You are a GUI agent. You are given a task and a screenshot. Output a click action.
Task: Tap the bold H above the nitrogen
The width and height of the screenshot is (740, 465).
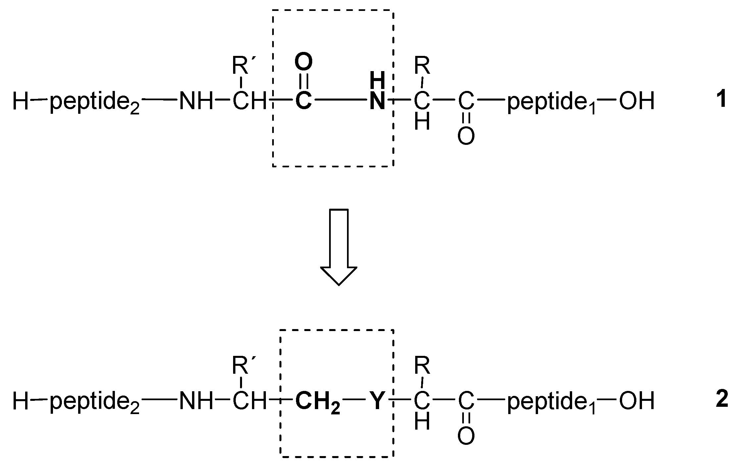(377, 80)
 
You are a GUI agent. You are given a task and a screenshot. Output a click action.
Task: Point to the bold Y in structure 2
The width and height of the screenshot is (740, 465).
(376, 400)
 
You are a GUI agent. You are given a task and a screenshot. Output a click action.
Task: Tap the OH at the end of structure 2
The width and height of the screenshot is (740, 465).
(637, 400)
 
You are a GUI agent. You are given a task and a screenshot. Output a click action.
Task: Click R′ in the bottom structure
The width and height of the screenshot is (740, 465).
(243, 365)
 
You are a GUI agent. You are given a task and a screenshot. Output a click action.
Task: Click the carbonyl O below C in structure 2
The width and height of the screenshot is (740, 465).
(466, 436)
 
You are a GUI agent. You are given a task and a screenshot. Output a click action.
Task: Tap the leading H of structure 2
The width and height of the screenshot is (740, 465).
(21, 400)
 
